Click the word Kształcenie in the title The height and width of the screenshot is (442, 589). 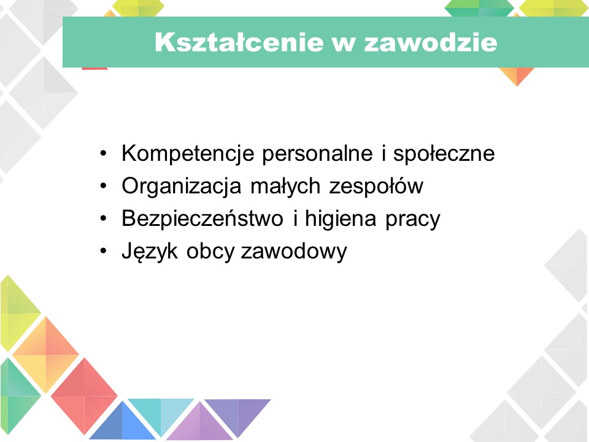[x=239, y=42]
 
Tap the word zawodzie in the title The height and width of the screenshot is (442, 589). [x=431, y=42]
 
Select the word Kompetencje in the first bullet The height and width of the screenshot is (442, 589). [x=188, y=154]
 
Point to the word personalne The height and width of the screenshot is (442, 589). [x=317, y=154]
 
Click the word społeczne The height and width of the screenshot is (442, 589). [x=444, y=154]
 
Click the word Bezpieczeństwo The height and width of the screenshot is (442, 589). [x=202, y=219]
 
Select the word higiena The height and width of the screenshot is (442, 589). [x=341, y=219]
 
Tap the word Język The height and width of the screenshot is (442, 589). [x=150, y=252]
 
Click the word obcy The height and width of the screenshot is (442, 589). [x=210, y=252]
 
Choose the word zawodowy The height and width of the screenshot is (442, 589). [x=294, y=252]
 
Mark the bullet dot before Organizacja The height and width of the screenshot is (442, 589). [x=103, y=186]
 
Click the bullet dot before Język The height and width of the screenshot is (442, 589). [x=103, y=251]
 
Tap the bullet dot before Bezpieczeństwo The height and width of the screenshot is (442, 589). [x=103, y=219]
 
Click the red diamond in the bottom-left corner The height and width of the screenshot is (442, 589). [x=84, y=396]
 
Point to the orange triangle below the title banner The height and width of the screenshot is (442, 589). [x=517, y=75]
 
